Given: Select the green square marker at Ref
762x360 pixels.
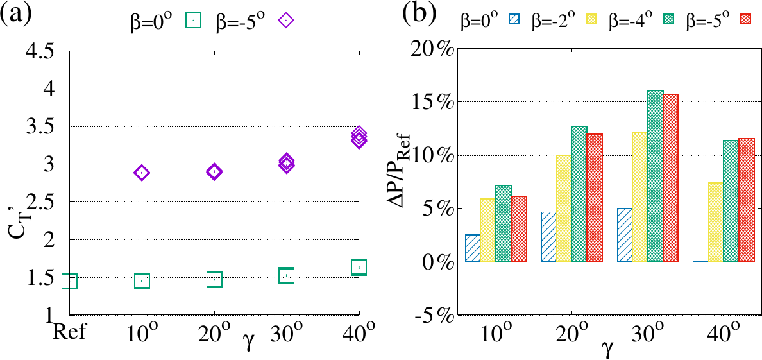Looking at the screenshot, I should [x=69, y=281].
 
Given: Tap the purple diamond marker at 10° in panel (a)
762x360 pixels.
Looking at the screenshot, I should [x=142, y=173].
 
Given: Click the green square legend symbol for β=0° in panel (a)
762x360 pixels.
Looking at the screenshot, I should [x=194, y=21].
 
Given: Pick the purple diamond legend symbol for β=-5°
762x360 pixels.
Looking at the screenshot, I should [x=286, y=21].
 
